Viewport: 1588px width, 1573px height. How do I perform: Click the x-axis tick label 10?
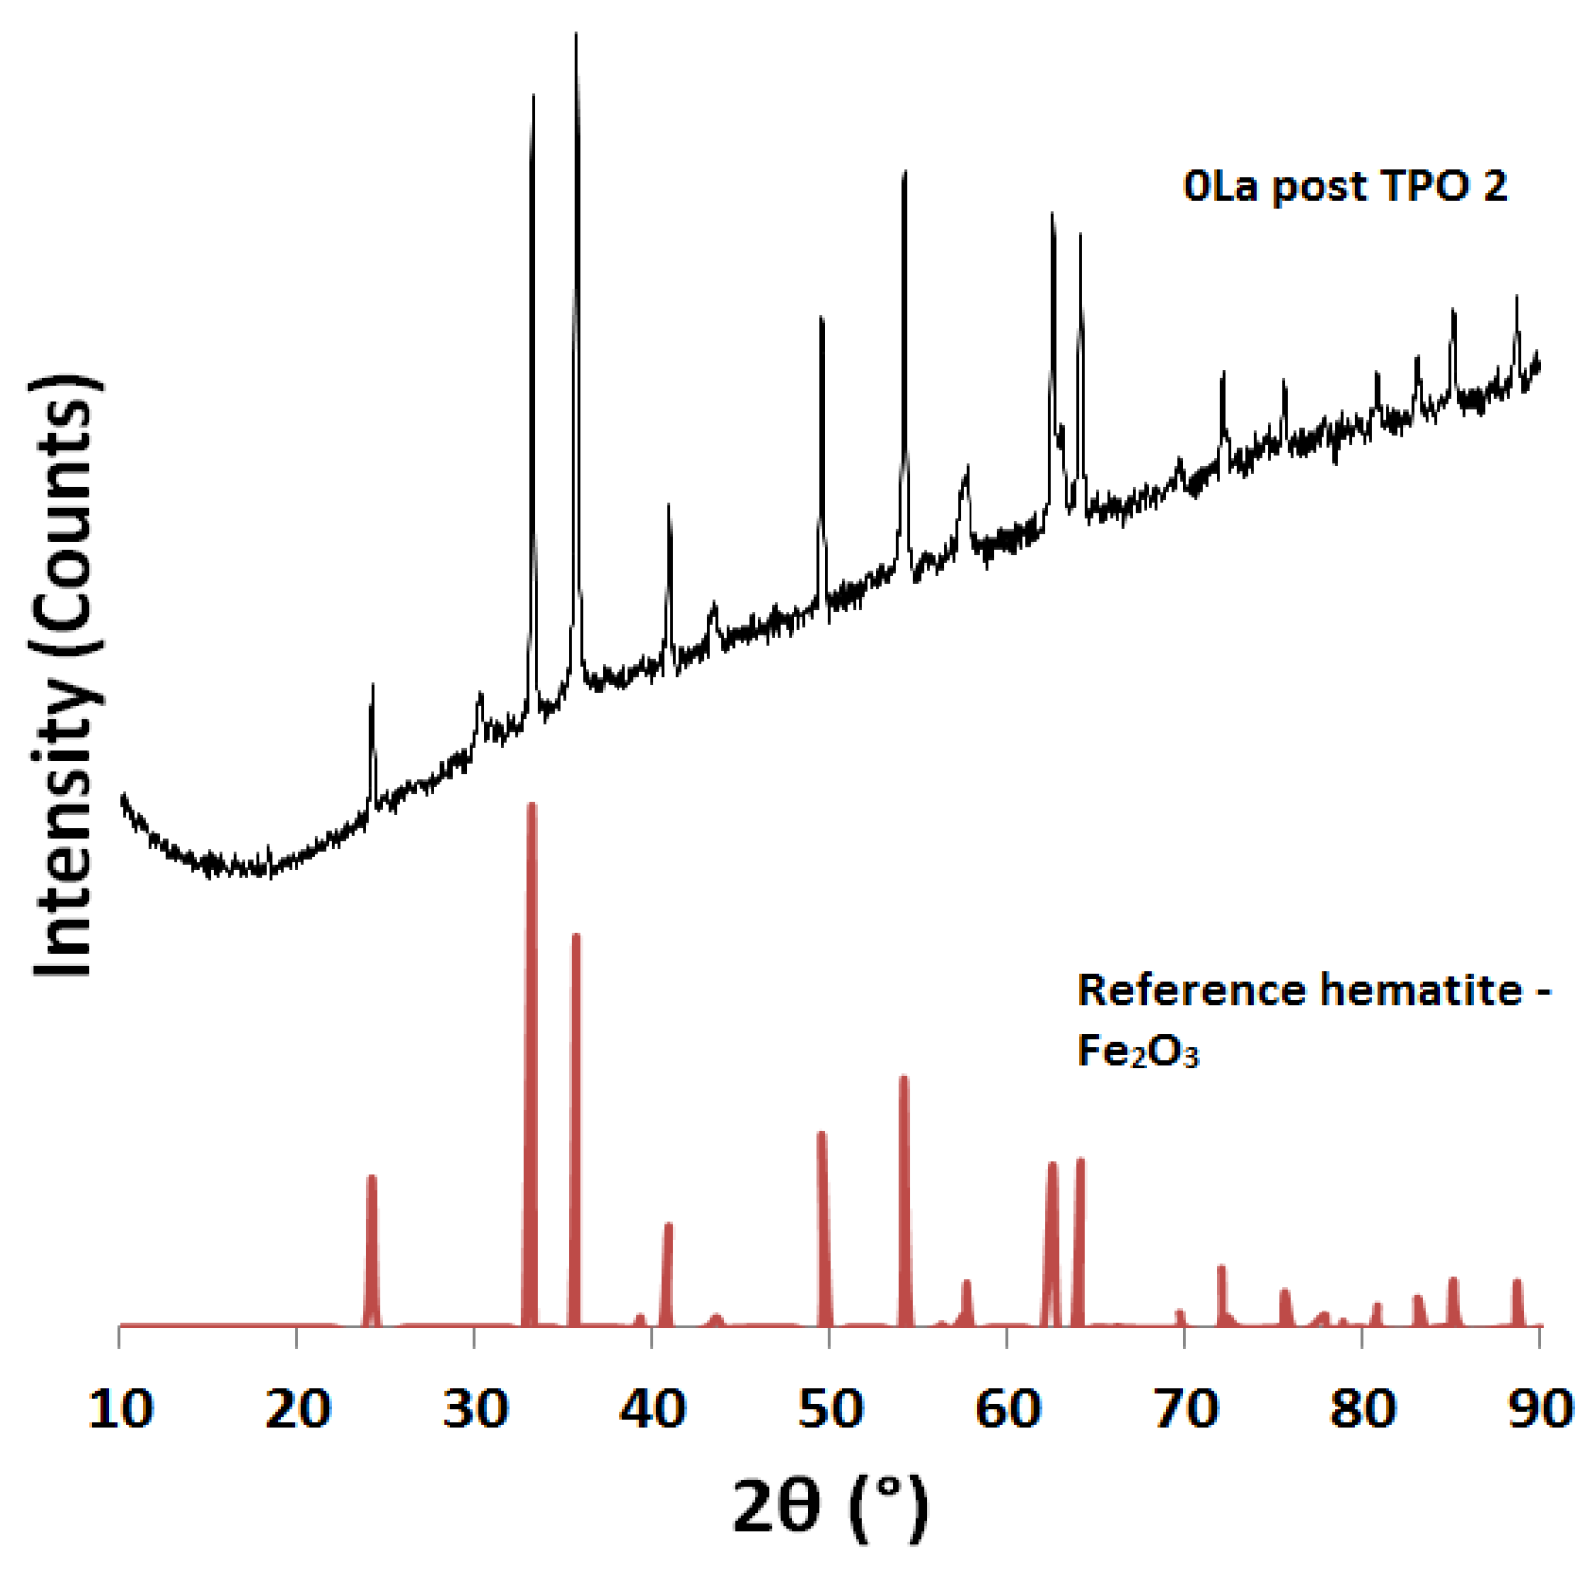point(120,1409)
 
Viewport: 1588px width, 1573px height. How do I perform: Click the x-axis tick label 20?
point(297,1409)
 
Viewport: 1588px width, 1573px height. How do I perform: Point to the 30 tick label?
point(475,1409)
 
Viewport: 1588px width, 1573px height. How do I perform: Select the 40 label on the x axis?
point(652,1409)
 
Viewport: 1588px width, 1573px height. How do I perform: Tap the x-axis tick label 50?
point(830,1409)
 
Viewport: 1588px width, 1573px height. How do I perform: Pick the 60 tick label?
point(1007,1409)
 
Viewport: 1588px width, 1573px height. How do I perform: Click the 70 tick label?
point(1185,1409)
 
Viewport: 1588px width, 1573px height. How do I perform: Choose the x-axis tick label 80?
point(1362,1409)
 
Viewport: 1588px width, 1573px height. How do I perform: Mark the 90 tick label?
point(1540,1409)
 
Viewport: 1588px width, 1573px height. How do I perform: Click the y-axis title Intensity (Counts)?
point(66,676)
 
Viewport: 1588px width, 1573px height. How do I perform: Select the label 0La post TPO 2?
point(1344,186)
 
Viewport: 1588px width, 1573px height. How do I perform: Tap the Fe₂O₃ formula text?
point(1138,1051)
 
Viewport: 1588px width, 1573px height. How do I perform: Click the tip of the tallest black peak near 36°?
point(576,36)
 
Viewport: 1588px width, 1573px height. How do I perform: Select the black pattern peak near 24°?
point(372,688)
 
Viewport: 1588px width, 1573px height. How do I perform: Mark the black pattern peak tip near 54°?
point(904,174)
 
